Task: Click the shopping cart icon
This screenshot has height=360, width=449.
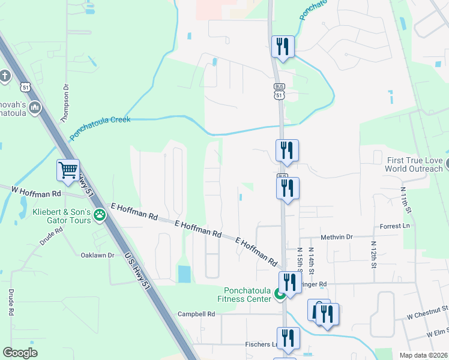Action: point(68,169)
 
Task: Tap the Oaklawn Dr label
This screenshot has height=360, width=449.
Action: point(97,255)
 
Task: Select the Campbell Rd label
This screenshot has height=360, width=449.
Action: point(196,314)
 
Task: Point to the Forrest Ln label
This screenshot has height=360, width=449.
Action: point(394,226)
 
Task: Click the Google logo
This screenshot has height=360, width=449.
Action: point(20,353)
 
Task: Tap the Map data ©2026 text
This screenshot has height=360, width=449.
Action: point(423,355)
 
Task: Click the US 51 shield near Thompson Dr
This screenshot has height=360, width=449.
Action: point(25,88)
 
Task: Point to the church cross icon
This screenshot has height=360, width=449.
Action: point(5,76)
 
